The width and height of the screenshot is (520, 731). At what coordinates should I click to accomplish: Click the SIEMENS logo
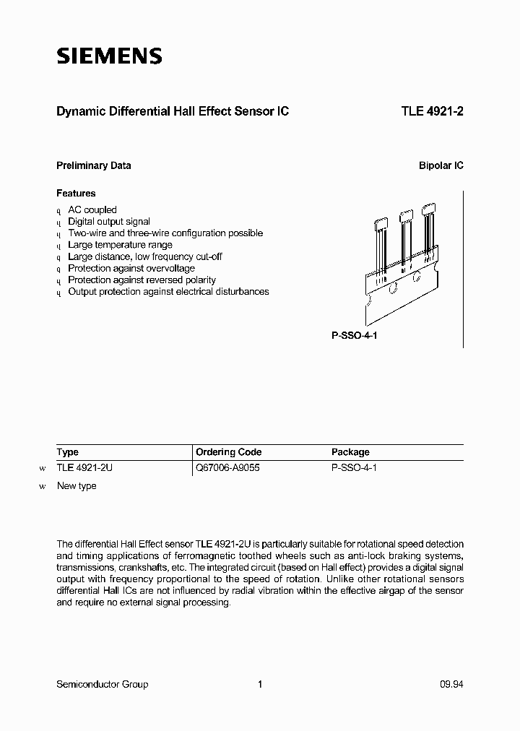click(x=109, y=56)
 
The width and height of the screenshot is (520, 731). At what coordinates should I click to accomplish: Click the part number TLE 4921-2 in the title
click(x=432, y=112)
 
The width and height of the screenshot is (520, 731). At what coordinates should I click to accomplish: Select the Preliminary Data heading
click(x=94, y=165)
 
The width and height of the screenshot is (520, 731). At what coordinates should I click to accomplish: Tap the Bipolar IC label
click(x=441, y=165)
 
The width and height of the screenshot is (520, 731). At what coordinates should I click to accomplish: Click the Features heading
click(x=76, y=194)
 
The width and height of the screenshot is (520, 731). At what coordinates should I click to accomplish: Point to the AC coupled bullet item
click(x=92, y=210)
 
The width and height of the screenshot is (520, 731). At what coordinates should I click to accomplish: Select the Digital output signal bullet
click(x=109, y=222)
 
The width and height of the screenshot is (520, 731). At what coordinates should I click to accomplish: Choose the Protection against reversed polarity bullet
click(x=142, y=280)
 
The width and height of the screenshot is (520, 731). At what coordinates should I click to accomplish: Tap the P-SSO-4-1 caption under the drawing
click(x=349, y=337)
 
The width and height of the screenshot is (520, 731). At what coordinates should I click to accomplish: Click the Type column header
click(x=68, y=452)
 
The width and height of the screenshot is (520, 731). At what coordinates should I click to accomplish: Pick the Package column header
click(x=350, y=452)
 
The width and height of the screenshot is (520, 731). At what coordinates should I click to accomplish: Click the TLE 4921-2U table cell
click(x=84, y=468)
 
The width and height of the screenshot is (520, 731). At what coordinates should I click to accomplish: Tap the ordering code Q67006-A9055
click(x=227, y=468)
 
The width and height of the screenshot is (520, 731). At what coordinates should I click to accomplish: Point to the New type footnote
click(x=77, y=486)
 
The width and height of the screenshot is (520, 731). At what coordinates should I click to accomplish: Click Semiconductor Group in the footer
click(x=102, y=684)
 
